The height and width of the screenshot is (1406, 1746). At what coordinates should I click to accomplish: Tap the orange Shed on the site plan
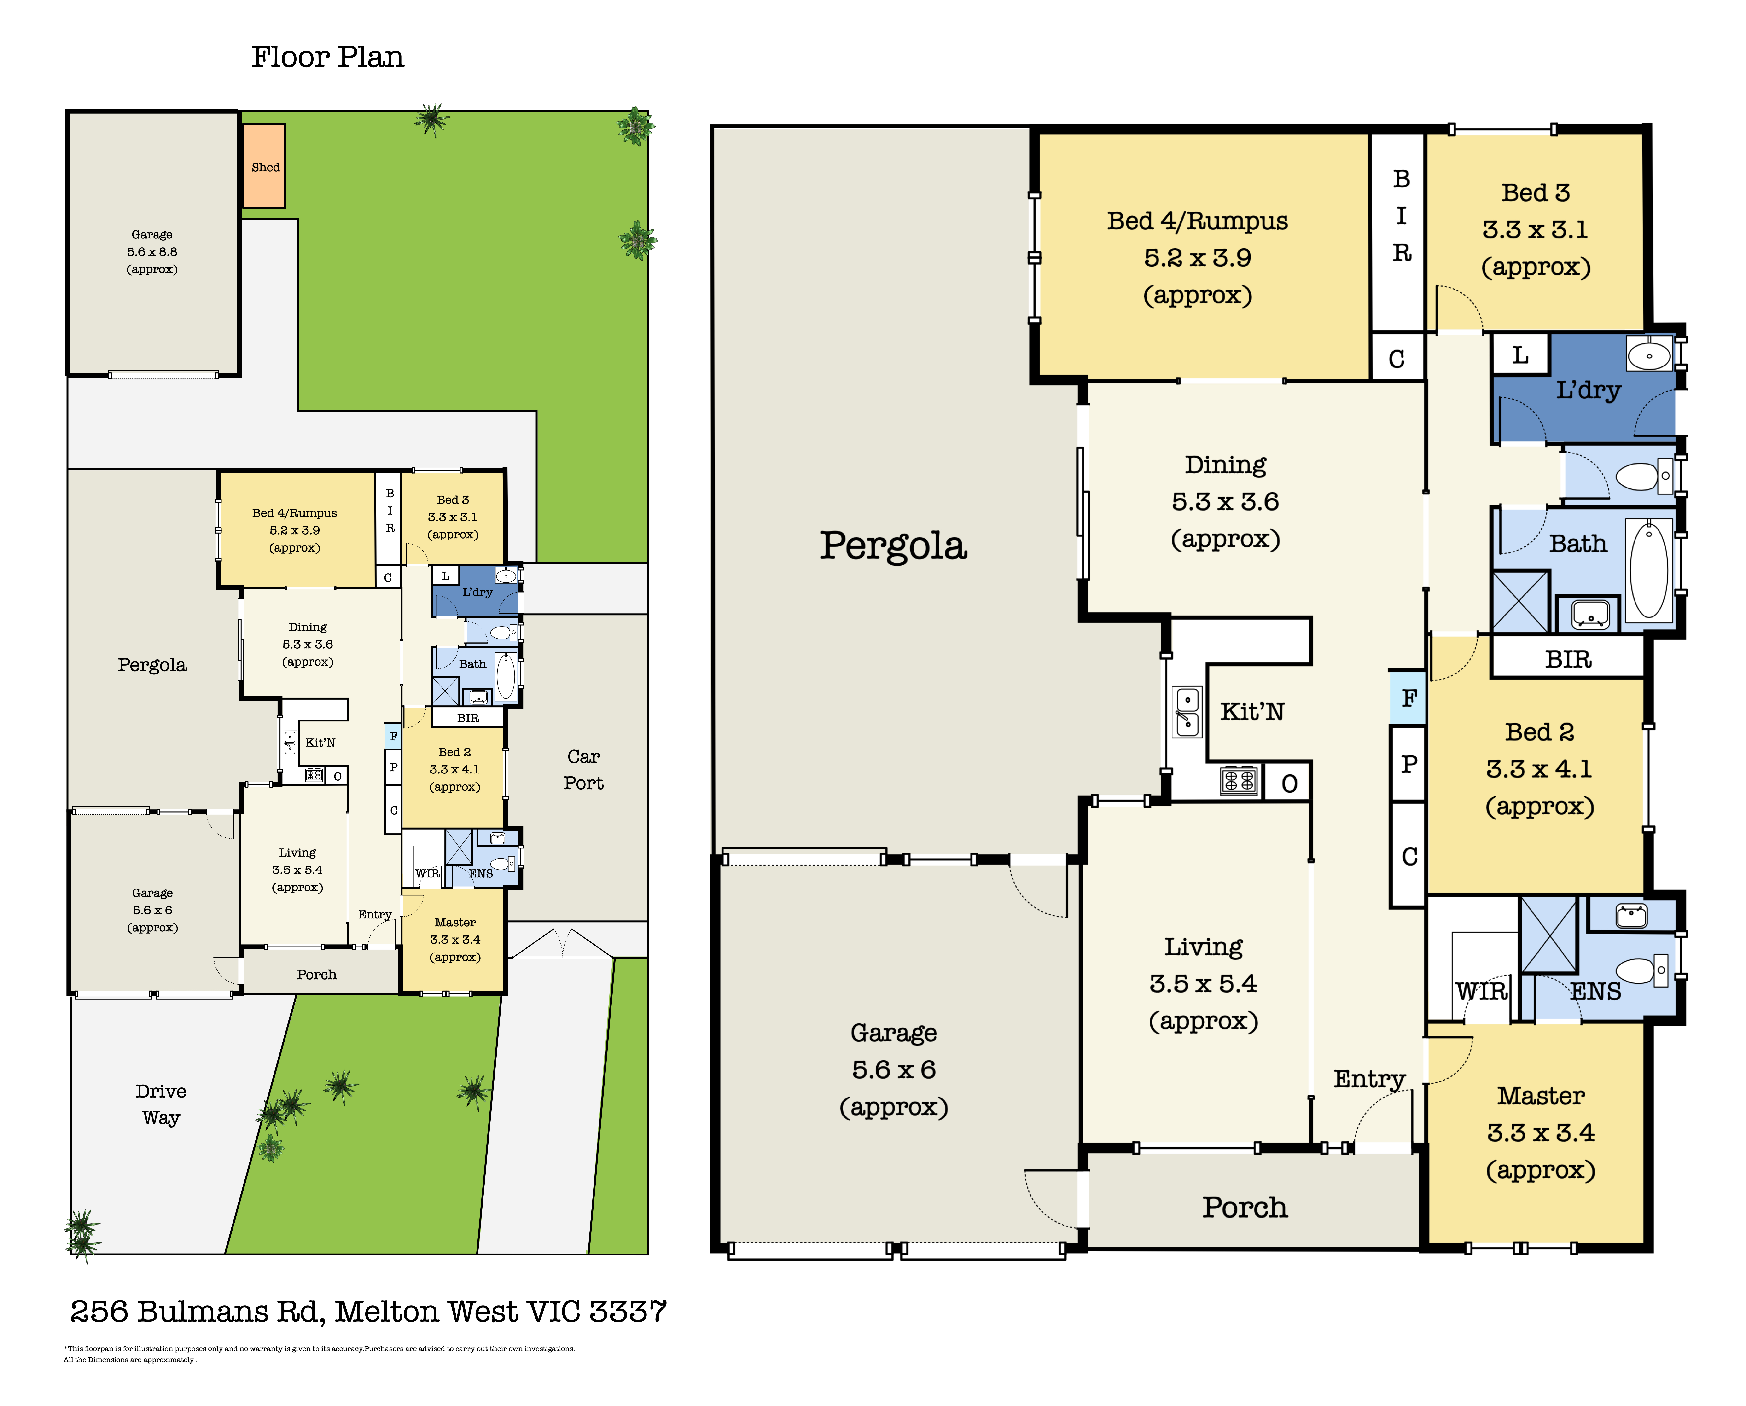(x=264, y=166)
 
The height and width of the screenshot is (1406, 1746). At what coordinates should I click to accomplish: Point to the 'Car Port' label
(x=583, y=769)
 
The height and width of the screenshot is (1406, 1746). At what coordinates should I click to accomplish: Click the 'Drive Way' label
(x=161, y=1104)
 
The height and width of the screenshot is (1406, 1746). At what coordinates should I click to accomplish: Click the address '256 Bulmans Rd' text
(x=198, y=1311)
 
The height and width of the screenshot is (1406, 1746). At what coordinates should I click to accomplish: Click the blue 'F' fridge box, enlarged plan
(x=1408, y=697)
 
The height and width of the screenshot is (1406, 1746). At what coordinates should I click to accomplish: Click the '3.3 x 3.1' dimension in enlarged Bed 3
(x=1536, y=229)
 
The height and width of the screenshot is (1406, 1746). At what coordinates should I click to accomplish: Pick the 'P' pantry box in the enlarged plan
(x=1408, y=764)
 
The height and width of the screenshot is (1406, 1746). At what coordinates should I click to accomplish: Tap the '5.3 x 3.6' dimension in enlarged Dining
(x=1225, y=501)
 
